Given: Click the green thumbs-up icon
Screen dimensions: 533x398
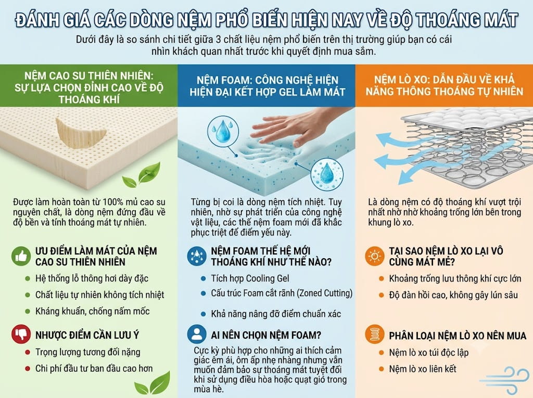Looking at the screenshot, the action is click(21, 256).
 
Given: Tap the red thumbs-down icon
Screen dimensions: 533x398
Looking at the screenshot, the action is click(21, 335).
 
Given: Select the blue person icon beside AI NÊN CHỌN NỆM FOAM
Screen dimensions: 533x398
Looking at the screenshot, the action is click(196, 335).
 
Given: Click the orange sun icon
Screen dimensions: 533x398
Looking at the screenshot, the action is click(375, 256).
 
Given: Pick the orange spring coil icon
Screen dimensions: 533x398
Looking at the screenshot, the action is click(375, 335).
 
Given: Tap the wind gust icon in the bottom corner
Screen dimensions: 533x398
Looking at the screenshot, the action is click(505, 380).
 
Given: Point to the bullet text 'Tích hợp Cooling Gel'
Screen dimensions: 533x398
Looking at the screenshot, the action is click(250, 278).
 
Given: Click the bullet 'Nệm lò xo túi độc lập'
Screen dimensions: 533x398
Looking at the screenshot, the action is click(429, 352).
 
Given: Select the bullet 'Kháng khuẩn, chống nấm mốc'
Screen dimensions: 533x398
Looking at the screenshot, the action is click(93, 311).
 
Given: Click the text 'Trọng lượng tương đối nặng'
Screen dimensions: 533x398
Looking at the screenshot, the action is click(87, 352).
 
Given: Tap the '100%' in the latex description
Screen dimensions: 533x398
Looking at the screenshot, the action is click(112, 202).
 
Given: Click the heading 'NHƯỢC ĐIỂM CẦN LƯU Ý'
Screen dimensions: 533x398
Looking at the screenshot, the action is click(87, 335).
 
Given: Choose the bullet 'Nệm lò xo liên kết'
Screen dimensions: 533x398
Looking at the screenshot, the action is click(423, 369).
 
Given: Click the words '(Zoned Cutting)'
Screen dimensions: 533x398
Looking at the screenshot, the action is click(325, 293).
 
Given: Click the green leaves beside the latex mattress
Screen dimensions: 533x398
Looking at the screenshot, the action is click(141, 175).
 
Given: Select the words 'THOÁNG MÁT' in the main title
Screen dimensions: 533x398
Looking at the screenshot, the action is click(467, 20).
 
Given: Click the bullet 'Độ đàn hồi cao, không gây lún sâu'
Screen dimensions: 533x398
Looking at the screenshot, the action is click(453, 294).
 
